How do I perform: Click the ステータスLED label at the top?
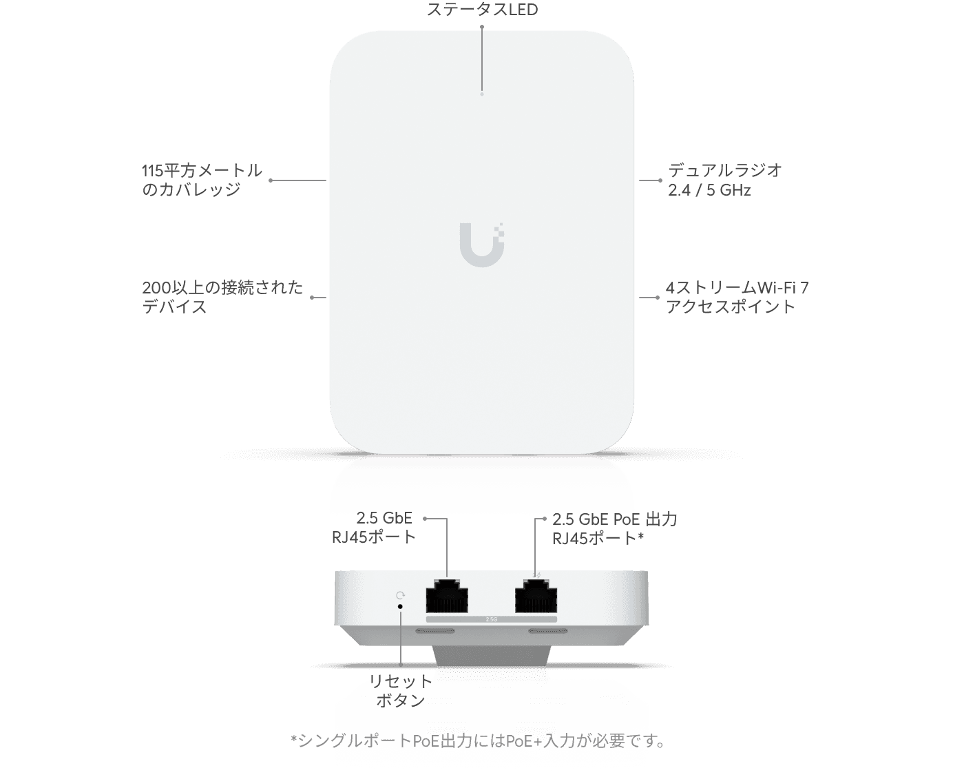point(482,10)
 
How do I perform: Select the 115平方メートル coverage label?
point(202,171)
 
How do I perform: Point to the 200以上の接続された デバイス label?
point(222,297)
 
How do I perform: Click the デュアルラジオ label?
point(725,170)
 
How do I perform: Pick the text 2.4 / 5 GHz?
point(709,190)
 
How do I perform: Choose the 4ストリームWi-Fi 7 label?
point(737,288)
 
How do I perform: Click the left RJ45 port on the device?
point(447,596)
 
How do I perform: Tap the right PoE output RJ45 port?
point(536,596)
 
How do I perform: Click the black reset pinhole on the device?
point(400,606)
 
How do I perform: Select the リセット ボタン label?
point(400,690)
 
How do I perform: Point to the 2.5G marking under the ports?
point(492,619)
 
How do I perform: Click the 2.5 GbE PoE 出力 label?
point(615,519)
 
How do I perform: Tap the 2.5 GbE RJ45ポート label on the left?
point(374,528)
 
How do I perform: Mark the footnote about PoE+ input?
point(477,741)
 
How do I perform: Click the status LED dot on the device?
point(481,94)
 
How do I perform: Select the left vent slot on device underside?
point(435,631)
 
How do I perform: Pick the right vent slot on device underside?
point(547,631)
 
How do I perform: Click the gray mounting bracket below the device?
point(491,656)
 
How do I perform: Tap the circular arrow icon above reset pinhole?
point(401,596)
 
